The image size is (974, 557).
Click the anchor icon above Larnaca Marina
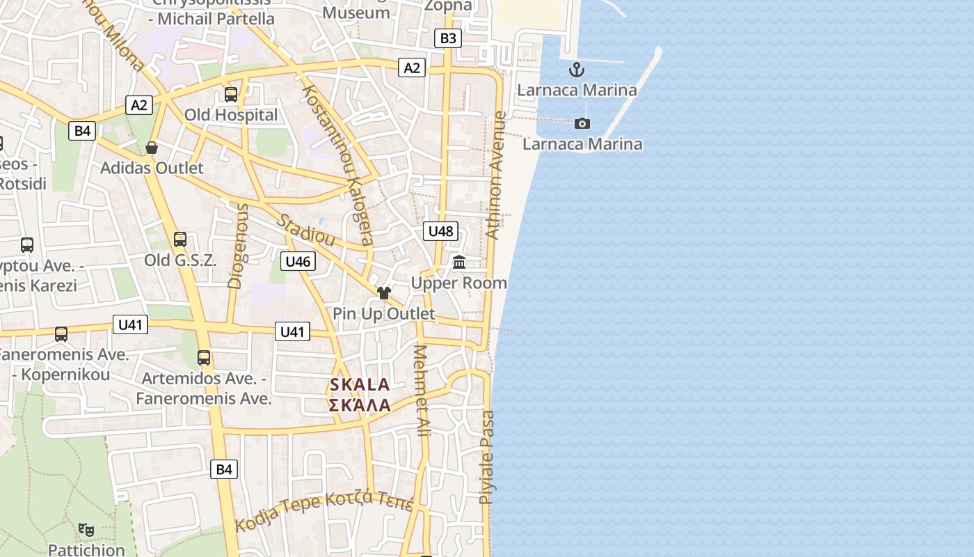pyautogui.click(x=576, y=70)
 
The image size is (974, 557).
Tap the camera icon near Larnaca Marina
pyautogui.click(x=582, y=124)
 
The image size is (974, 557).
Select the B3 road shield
pyautogui.click(x=448, y=38)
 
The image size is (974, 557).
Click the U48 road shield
pyautogui.click(x=440, y=231)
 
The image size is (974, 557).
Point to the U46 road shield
pyautogui.click(x=298, y=261)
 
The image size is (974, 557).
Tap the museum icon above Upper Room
pyautogui.click(x=459, y=262)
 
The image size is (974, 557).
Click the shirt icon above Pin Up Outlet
pyautogui.click(x=384, y=293)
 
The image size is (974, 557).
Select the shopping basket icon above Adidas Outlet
pyautogui.click(x=152, y=148)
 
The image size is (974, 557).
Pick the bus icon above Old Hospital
pyautogui.click(x=231, y=95)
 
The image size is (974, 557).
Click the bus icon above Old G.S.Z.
pyautogui.click(x=180, y=240)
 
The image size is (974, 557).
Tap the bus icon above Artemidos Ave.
pyautogui.click(x=204, y=358)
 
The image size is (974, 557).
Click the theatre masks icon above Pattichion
pyautogui.click(x=86, y=530)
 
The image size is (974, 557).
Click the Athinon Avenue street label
pyautogui.click(x=496, y=175)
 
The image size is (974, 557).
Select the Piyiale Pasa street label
pyautogui.click(x=488, y=457)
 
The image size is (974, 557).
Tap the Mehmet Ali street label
pyautogui.click(x=422, y=391)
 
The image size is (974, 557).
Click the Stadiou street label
pyautogui.click(x=306, y=230)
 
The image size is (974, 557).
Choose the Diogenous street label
pyautogui.click(x=238, y=245)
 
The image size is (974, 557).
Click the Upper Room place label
pyautogui.click(x=458, y=283)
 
